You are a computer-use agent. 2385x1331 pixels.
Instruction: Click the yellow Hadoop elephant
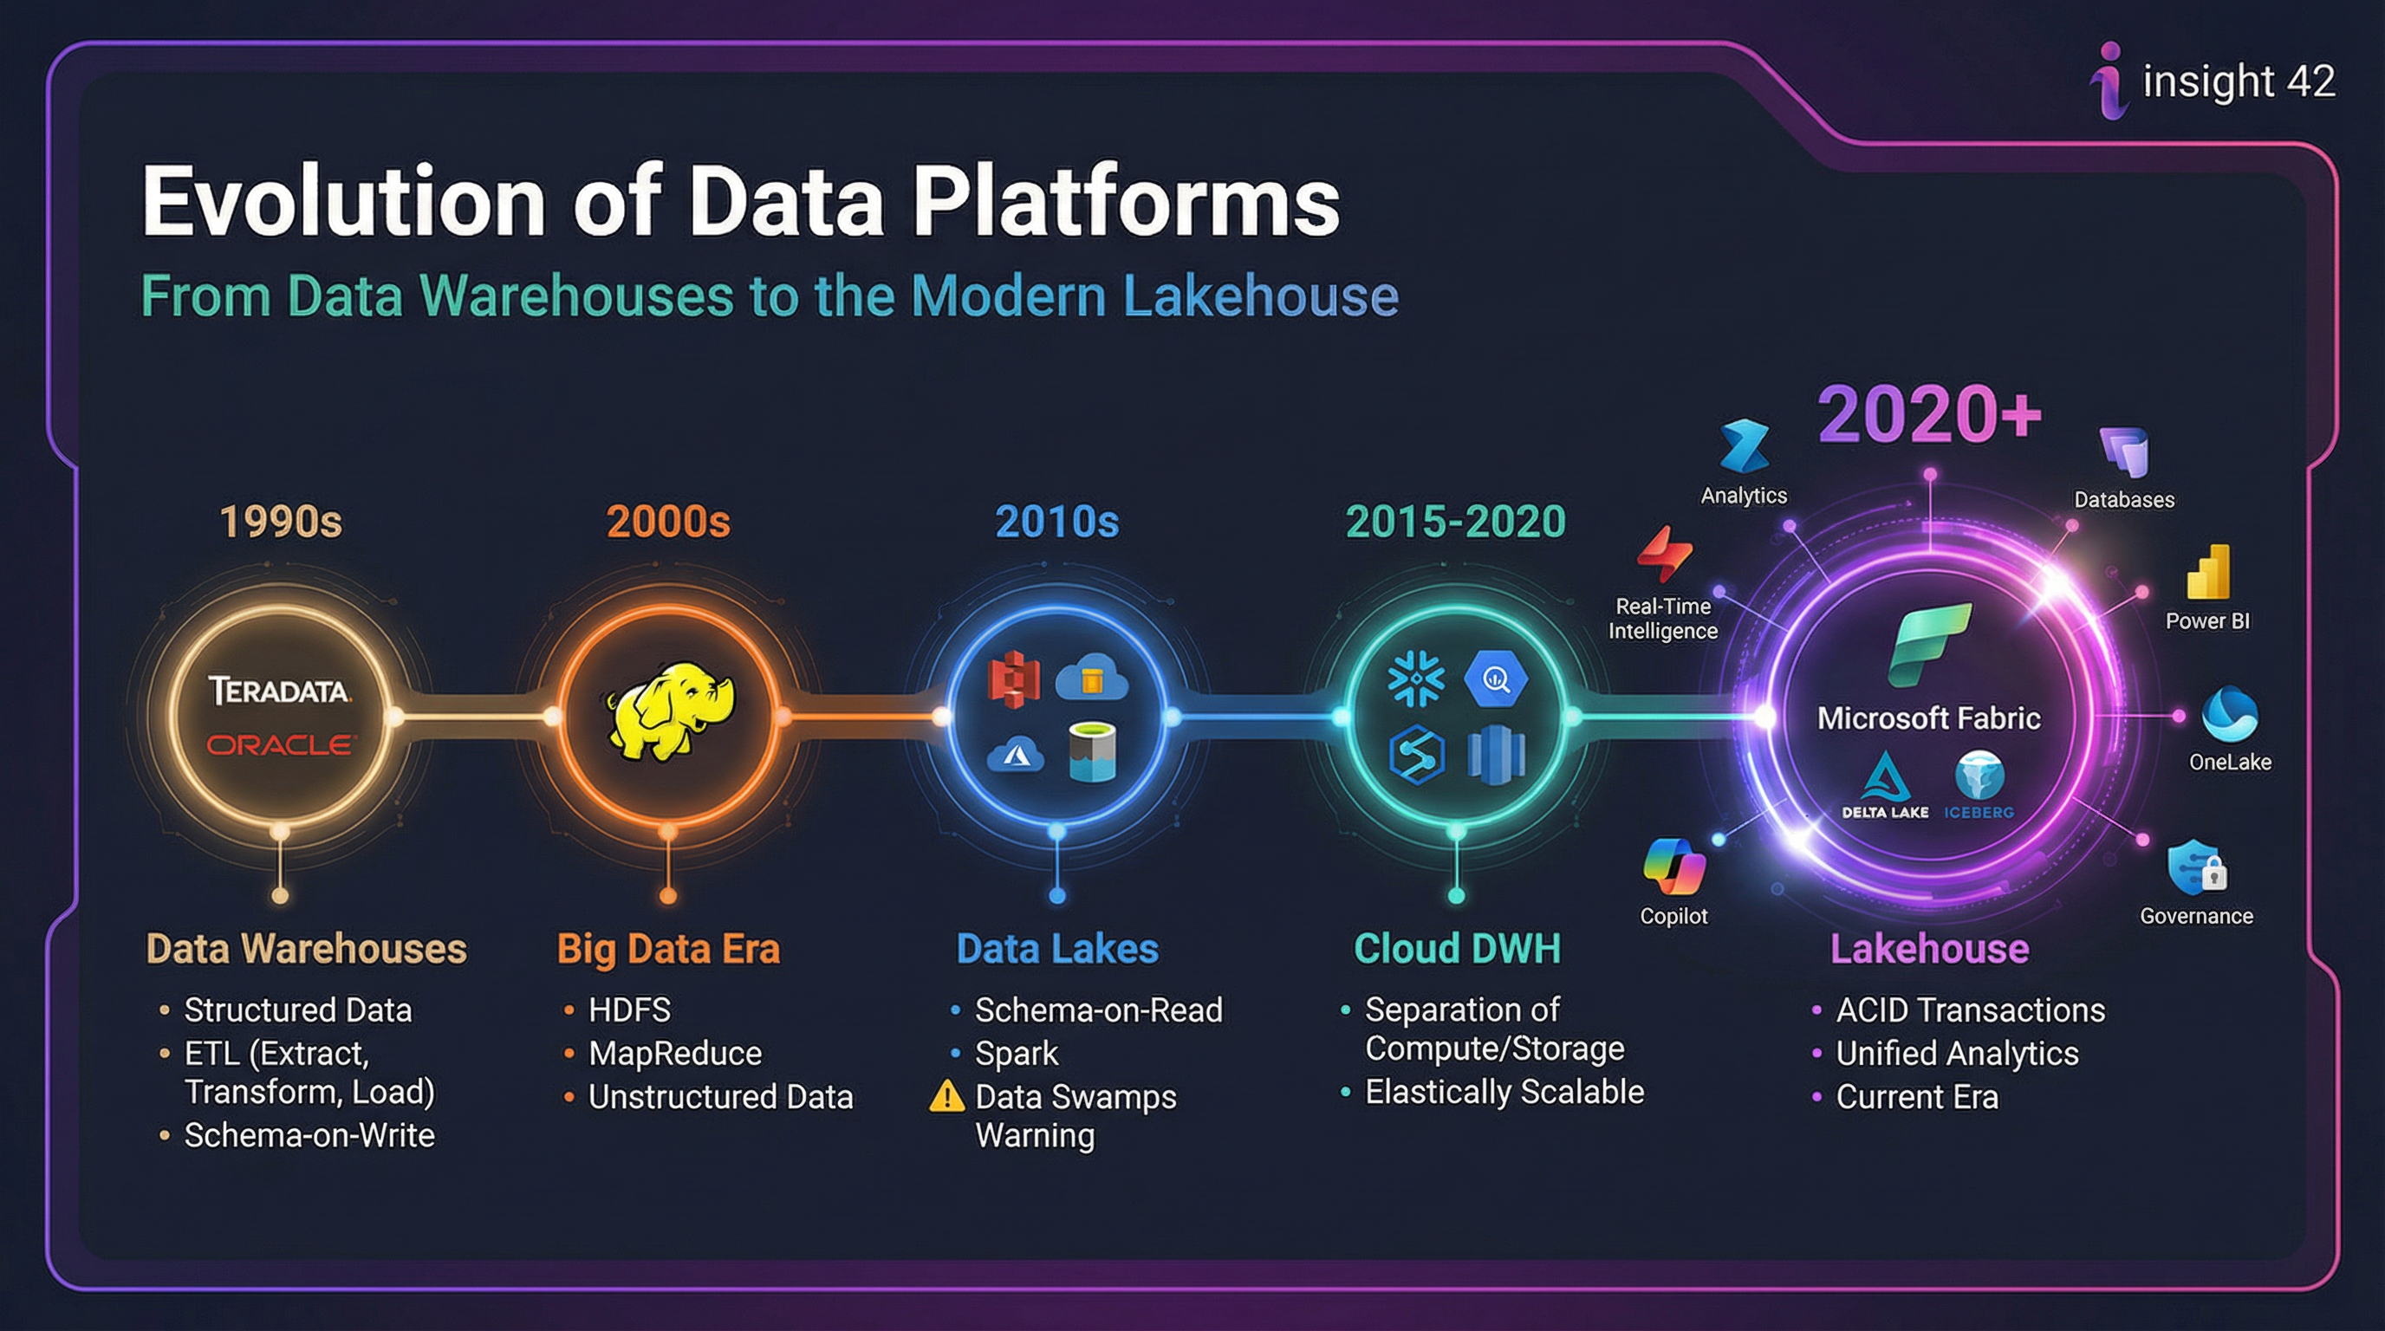(x=669, y=711)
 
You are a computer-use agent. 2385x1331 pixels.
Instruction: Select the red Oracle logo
(x=279, y=745)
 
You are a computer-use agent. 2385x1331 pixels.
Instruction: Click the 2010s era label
(x=1056, y=522)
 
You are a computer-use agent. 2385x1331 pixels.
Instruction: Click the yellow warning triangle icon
(x=946, y=1097)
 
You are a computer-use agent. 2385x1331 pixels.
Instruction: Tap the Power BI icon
(x=2209, y=573)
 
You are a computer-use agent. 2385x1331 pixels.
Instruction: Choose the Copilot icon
(x=1674, y=867)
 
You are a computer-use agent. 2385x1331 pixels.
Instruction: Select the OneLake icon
(x=2230, y=715)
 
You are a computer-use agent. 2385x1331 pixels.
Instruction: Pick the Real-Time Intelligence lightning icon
(x=1664, y=554)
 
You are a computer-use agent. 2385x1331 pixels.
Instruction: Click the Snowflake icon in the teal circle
(x=1415, y=680)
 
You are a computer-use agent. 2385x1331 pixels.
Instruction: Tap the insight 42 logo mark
(x=2109, y=81)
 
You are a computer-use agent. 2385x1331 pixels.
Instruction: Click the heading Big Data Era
(x=667, y=949)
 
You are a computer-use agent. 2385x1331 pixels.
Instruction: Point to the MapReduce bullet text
(x=675, y=1054)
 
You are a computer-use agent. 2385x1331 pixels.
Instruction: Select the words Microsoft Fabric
(x=1928, y=718)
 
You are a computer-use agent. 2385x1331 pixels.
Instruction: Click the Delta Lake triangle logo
(x=1885, y=776)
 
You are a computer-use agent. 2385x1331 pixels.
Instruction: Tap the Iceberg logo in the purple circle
(x=1979, y=776)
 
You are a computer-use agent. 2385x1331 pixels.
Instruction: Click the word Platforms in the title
(x=1126, y=203)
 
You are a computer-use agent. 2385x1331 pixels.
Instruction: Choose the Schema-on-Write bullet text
(x=309, y=1136)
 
